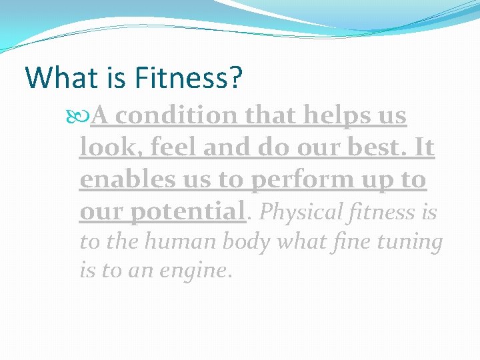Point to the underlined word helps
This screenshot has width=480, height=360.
[x=334, y=116]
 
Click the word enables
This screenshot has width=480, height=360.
[x=122, y=180]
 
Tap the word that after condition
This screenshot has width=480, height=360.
[x=273, y=116]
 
